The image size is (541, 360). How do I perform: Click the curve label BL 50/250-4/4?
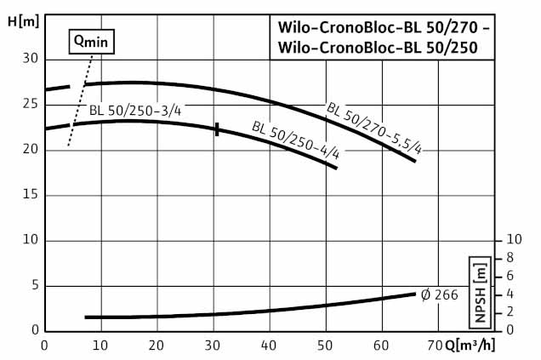tap(295, 141)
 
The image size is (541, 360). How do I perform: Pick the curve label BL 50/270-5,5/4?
tap(374, 127)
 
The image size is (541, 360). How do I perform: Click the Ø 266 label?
tap(441, 294)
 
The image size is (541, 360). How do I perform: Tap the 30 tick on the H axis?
tap(30, 60)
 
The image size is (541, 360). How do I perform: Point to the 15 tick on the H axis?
tap(30, 195)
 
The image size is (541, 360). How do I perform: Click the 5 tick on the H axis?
tap(34, 285)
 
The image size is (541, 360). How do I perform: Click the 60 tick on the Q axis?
tap(381, 346)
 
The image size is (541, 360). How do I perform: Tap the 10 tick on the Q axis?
tap(100, 346)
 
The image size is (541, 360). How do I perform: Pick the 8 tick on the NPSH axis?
tap(510, 258)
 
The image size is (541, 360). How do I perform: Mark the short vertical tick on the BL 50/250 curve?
tap(217, 129)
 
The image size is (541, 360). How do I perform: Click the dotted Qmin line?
tap(77, 102)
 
